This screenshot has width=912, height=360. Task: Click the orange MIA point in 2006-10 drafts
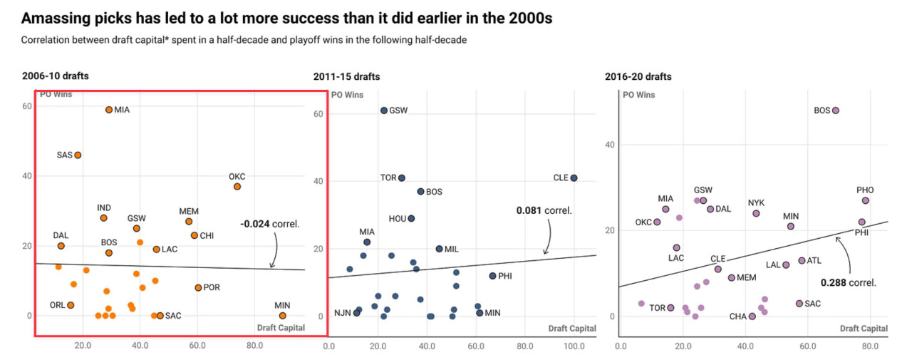pyautogui.click(x=109, y=110)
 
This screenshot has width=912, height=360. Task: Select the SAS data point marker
pyautogui.click(x=78, y=155)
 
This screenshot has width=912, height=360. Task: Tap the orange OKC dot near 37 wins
pyautogui.click(x=237, y=187)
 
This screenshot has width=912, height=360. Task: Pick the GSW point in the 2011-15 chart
pyautogui.click(x=384, y=110)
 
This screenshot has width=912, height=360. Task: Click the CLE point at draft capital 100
pyautogui.click(x=574, y=178)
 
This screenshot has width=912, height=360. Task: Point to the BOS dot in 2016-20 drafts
pyautogui.click(x=836, y=110)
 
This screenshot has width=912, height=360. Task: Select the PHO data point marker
pyautogui.click(x=865, y=201)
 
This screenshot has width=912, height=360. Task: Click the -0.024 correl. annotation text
pyautogui.click(x=270, y=224)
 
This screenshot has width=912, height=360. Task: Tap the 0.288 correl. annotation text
pyautogui.click(x=848, y=282)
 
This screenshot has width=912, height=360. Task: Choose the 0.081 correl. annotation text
pyautogui.click(x=544, y=210)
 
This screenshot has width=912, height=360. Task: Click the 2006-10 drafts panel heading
pyautogui.click(x=55, y=76)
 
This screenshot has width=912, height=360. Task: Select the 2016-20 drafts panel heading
pyautogui.click(x=638, y=76)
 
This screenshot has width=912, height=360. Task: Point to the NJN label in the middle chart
pyautogui.click(x=343, y=313)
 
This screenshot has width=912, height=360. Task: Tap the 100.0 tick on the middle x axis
pyautogui.click(x=574, y=346)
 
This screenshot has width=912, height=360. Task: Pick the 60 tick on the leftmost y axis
pyautogui.click(x=28, y=106)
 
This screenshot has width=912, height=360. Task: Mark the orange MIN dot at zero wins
pyautogui.click(x=283, y=316)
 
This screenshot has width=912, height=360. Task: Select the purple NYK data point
pyautogui.click(x=756, y=213)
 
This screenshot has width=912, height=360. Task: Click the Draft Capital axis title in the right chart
pyautogui.click(x=864, y=328)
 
